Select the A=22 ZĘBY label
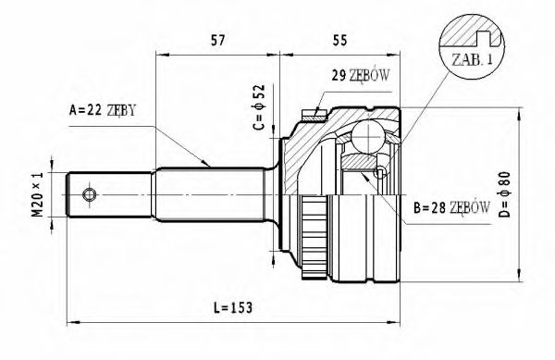(x=103, y=110)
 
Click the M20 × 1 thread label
(x=38, y=194)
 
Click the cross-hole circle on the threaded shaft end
(x=90, y=194)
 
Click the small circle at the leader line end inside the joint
(x=380, y=172)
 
